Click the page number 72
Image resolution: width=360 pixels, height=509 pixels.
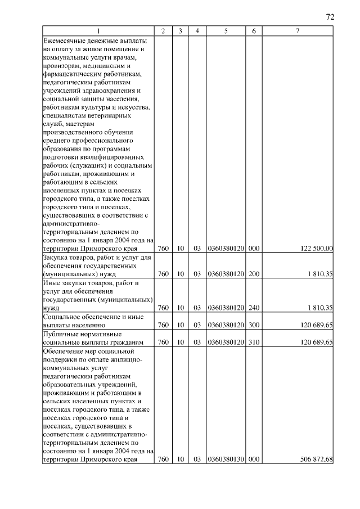(x=330, y=17)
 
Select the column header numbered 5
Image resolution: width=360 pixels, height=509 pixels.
(x=225, y=31)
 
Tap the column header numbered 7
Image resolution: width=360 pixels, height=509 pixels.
(x=297, y=31)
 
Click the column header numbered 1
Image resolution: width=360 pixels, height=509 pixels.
(x=98, y=31)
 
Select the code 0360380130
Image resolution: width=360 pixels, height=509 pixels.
(x=225, y=460)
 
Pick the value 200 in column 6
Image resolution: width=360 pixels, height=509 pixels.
(x=254, y=274)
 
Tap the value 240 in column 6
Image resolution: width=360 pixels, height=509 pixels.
(x=254, y=308)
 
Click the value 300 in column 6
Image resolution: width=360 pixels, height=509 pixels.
(x=254, y=325)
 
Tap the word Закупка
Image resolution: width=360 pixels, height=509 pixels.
(x=56, y=257)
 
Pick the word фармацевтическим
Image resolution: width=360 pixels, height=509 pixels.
(x=71, y=74)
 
